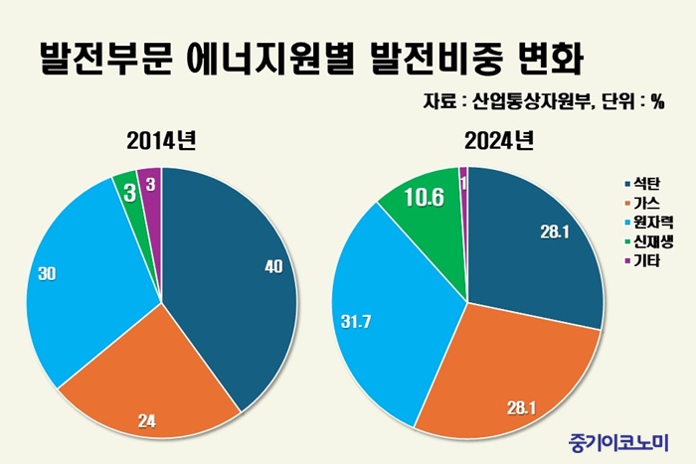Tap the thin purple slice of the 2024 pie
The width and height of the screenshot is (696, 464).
pos(463,176)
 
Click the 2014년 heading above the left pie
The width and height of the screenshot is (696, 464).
pos(161,140)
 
